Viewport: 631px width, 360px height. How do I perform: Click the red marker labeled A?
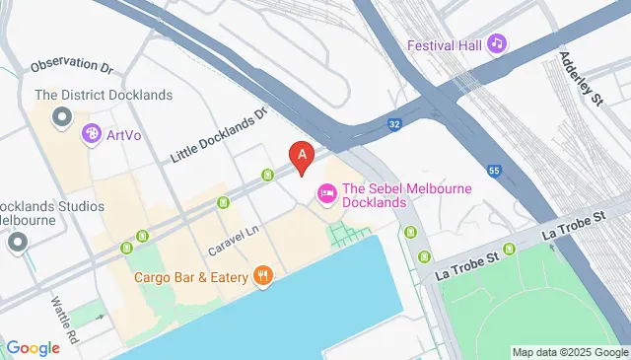pyautogui.click(x=301, y=155)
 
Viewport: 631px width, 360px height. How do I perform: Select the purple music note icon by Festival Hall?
pyautogui.click(x=498, y=43)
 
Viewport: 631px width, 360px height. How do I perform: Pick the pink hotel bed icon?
pyautogui.click(x=324, y=195)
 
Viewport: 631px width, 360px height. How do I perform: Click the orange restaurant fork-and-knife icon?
pyautogui.click(x=262, y=276)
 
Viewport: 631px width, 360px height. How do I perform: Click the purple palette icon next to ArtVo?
pyautogui.click(x=92, y=133)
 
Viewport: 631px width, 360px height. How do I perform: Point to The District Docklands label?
pyautogui.click(x=104, y=96)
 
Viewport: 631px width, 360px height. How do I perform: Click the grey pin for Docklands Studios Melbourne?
pyautogui.click(x=17, y=242)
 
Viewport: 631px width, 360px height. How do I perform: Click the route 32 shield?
pyautogui.click(x=393, y=124)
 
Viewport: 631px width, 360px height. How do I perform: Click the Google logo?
pyautogui.click(x=33, y=347)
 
